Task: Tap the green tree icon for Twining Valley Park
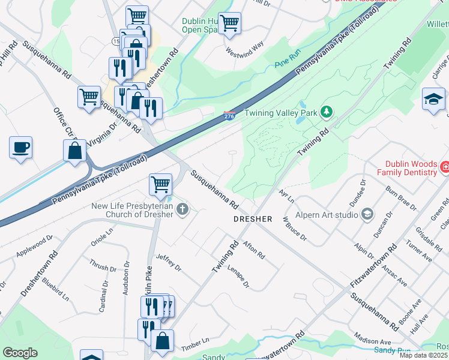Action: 327,112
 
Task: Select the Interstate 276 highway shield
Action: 229,114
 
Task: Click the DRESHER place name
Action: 253,219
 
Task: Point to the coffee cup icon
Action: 21,148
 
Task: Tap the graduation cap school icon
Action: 433,98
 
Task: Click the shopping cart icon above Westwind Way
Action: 229,23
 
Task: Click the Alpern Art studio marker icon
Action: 367,214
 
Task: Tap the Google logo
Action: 20,353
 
